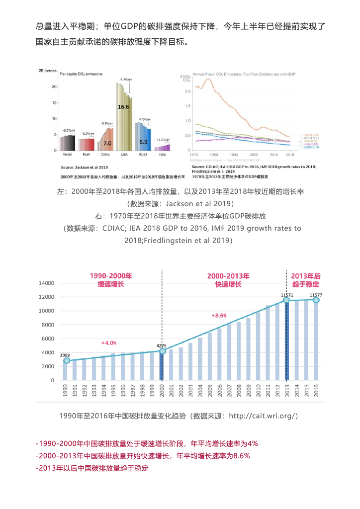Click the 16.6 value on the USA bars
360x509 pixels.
(123, 107)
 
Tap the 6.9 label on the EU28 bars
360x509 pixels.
(143, 142)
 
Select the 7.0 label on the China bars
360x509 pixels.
(107, 143)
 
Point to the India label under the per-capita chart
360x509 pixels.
(162, 155)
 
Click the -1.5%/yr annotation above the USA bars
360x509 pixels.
(126, 80)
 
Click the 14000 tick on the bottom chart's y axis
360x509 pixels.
(46, 283)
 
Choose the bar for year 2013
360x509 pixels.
(287, 340)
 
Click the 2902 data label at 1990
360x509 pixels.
(65, 355)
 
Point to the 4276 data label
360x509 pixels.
(161, 345)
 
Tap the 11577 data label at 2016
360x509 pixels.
(316, 295)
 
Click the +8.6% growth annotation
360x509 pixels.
(219, 316)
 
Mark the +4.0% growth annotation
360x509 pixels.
(108, 343)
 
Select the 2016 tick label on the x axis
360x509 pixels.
(316, 390)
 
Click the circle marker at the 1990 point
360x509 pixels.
(67, 361)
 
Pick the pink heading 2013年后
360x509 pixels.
(306, 276)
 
